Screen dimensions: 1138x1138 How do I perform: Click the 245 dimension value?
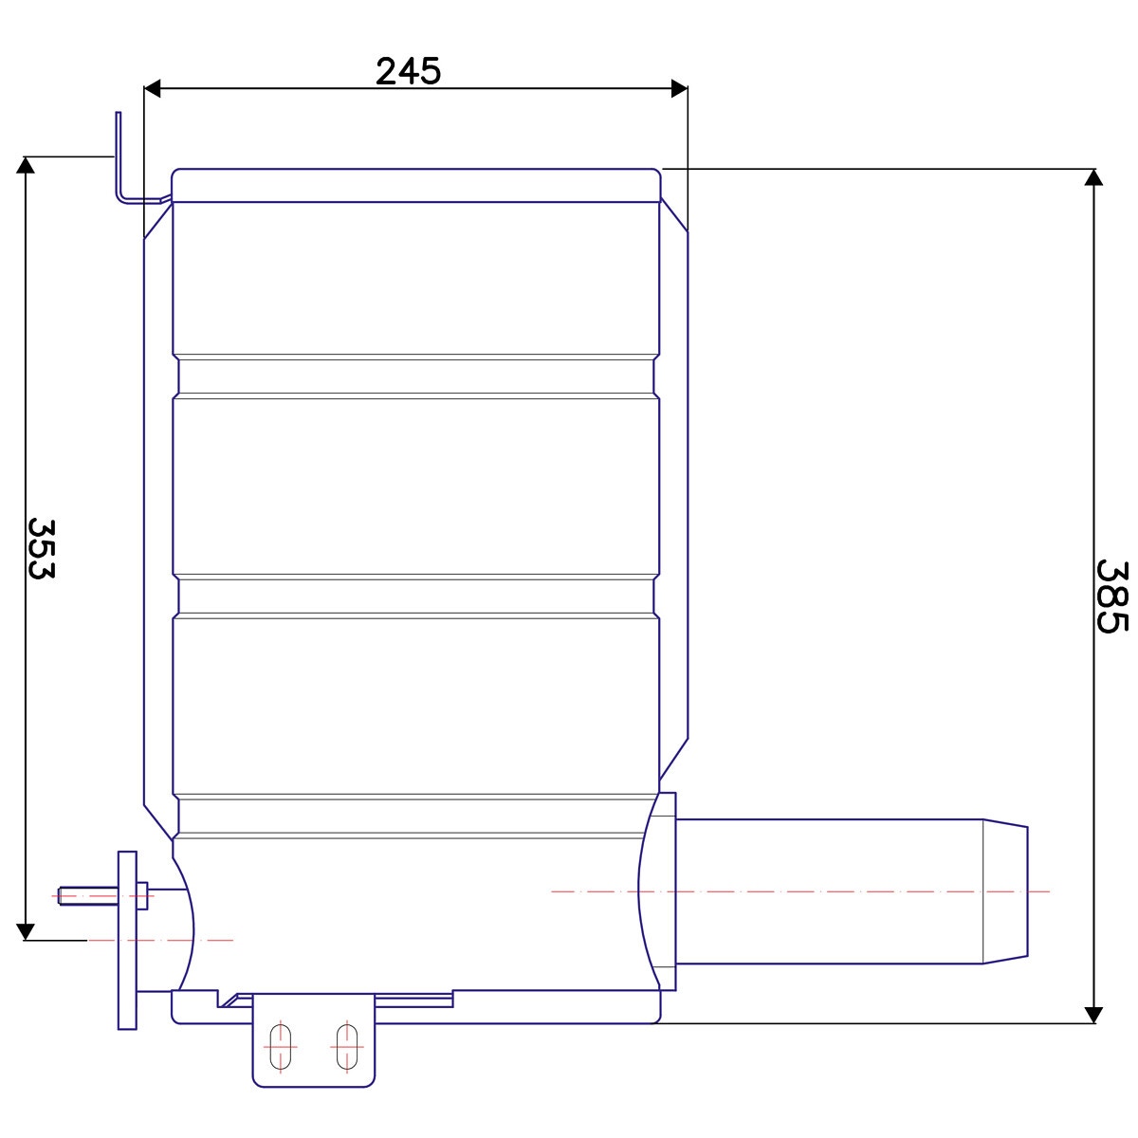pyautogui.click(x=408, y=71)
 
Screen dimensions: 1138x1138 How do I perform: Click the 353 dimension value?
pyautogui.click(x=42, y=549)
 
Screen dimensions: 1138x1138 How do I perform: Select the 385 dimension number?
pyautogui.click(x=1112, y=597)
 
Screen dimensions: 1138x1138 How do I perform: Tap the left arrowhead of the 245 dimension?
pyautogui.click(x=153, y=89)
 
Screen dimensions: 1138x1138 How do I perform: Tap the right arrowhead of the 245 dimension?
pyautogui.click(x=680, y=89)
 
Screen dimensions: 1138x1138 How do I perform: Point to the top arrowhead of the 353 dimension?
pyautogui.click(x=26, y=165)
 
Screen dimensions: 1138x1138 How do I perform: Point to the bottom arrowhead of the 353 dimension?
pyautogui.click(x=26, y=931)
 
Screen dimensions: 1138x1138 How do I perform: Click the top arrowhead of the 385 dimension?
pyautogui.click(x=1093, y=177)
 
